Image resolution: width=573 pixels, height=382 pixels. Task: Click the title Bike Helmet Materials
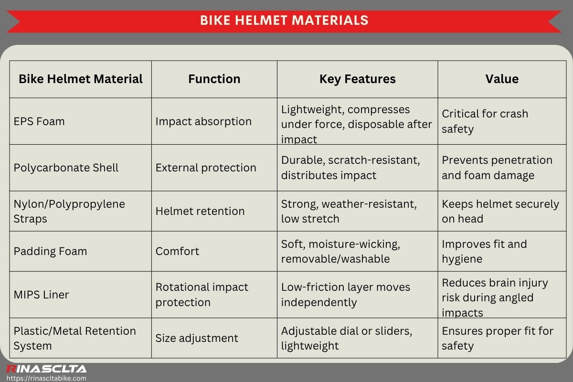(284, 21)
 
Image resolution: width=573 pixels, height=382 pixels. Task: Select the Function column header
(214, 79)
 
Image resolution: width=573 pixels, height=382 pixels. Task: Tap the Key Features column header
(357, 79)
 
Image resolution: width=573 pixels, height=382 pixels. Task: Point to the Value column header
(502, 79)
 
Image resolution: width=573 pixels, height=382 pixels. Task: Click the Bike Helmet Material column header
(81, 79)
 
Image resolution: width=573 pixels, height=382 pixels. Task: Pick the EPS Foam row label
(39, 121)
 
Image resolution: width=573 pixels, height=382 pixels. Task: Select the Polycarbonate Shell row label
(66, 168)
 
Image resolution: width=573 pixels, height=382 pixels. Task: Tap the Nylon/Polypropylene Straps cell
(69, 211)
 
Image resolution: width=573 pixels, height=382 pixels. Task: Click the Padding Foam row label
(50, 251)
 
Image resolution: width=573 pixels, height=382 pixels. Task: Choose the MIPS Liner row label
(41, 295)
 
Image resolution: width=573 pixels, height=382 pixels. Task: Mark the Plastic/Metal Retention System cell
(74, 338)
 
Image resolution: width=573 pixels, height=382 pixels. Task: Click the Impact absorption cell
(203, 121)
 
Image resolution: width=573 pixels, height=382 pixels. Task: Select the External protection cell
(206, 168)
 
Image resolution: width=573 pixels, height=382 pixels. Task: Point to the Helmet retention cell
(200, 211)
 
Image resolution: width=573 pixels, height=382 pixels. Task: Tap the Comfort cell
(177, 251)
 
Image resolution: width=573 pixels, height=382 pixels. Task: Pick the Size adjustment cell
(197, 338)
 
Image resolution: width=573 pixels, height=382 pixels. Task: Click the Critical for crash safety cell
(485, 121)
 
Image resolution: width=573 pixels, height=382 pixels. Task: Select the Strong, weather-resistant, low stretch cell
(349, 211)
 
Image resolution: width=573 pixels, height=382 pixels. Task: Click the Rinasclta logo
(46, 369)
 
